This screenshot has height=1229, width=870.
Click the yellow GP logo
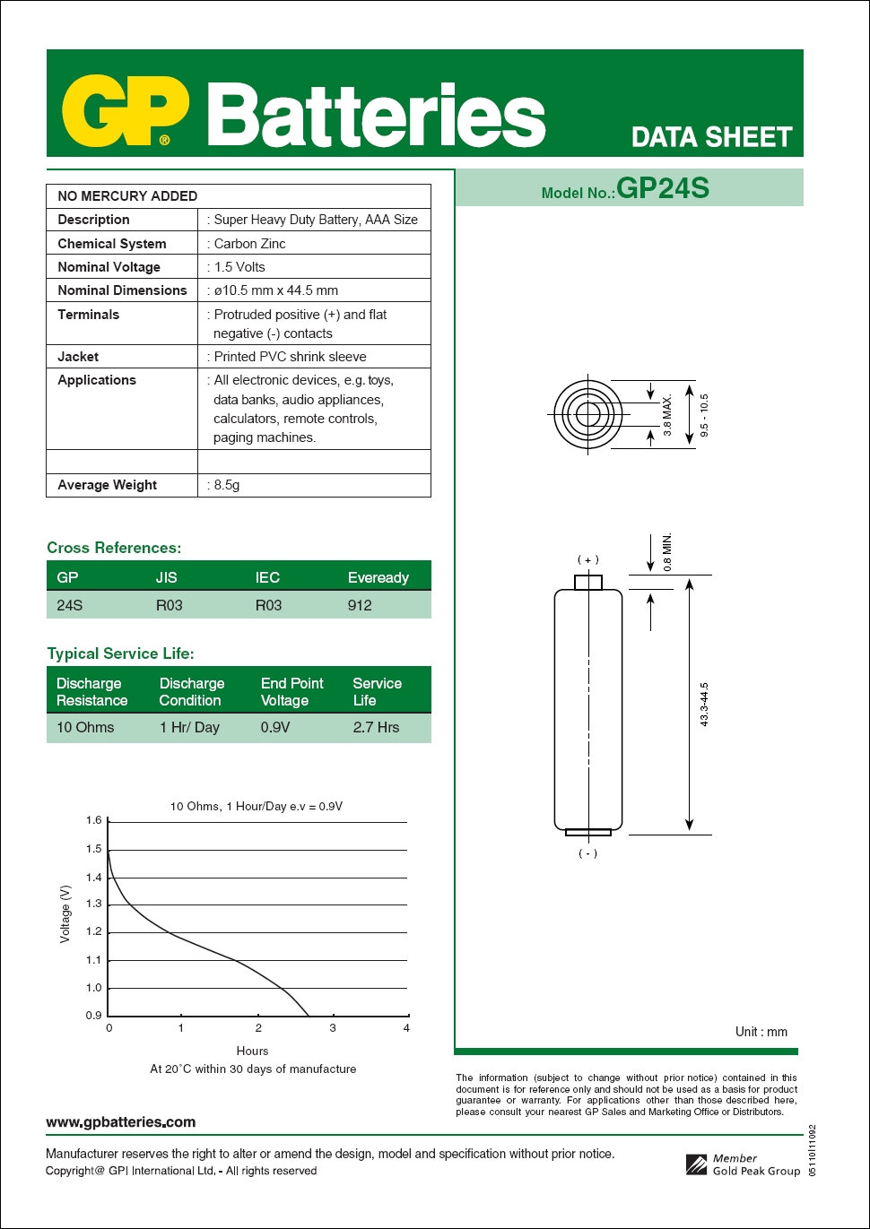[125, 111]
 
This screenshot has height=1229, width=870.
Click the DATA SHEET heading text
[711, 137]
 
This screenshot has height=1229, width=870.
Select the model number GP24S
[663, 188]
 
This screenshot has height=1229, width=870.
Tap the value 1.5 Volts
[239, 267]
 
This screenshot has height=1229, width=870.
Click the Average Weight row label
[107, 485]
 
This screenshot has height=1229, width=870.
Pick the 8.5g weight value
[226, 485]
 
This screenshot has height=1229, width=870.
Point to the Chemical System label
[111, 244]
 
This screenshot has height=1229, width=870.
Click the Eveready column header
[378, 577]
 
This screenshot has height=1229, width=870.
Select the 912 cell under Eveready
[360, 605]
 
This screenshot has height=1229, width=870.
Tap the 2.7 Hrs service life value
[376, 727]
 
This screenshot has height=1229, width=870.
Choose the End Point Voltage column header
[291, 691]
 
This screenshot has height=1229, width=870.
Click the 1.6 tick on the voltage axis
[94, 820]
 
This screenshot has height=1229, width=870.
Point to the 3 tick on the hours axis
[333, 1028]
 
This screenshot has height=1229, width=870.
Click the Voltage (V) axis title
[65, 913]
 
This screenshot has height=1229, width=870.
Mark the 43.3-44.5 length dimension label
[704, 704]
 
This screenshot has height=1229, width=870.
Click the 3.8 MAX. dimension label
[667, 415]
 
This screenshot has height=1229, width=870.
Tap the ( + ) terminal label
[587, 559]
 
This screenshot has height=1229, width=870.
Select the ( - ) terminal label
[587, 853]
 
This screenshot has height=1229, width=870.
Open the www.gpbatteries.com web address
[120, 1121]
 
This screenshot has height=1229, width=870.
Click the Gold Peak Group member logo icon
[697, 1164]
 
